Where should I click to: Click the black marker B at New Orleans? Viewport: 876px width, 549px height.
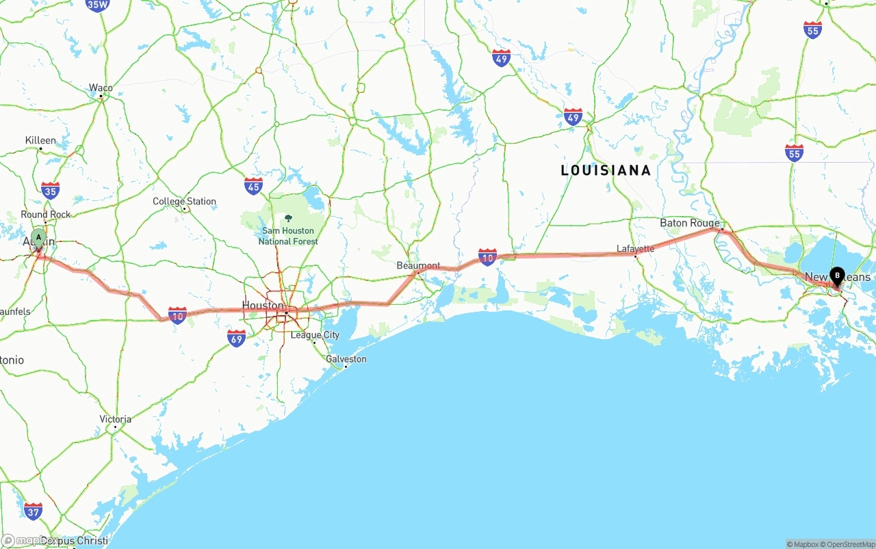836,276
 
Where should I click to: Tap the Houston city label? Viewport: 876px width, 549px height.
263,305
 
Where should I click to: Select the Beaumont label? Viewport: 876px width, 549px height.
418,265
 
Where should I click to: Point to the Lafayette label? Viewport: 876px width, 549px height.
635,249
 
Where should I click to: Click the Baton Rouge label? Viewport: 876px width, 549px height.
689,223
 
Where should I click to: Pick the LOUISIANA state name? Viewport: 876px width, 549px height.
606,170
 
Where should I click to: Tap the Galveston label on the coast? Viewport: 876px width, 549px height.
346,359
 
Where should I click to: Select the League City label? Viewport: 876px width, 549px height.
315,335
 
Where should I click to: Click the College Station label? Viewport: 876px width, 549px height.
184,202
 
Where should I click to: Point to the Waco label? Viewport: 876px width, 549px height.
101,88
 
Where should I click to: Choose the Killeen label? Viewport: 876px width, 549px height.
40,140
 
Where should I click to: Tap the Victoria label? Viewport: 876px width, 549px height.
115,419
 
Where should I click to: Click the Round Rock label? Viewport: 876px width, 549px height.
46,215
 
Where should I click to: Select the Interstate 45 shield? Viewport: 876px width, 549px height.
253,186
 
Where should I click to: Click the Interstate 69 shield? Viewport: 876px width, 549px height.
236,338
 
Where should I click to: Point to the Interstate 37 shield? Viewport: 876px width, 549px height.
33,511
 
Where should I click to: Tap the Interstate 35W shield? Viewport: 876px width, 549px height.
97,5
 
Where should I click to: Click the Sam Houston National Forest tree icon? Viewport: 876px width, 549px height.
288,219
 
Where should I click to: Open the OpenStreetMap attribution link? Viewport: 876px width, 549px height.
850,544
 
